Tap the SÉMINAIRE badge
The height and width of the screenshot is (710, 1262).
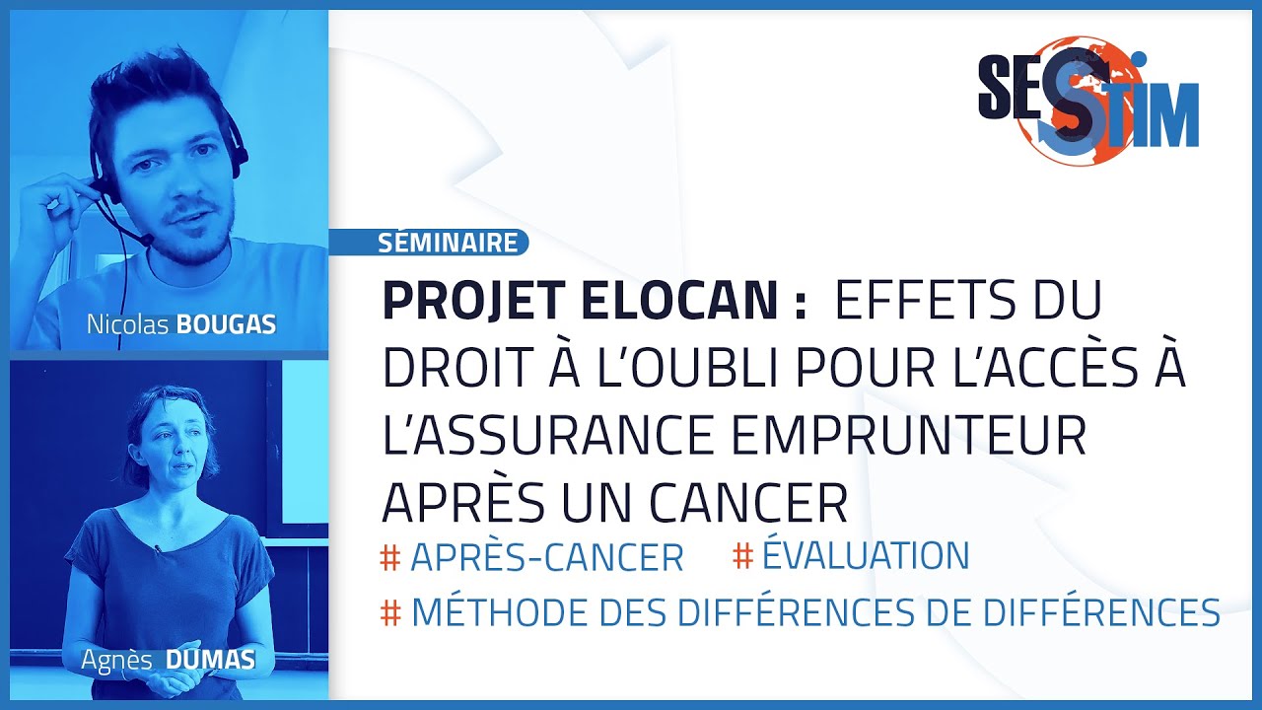[x=448, y=242]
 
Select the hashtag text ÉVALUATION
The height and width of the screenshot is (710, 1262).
[x=866, y=555]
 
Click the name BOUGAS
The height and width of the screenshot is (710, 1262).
[x=226, y=325]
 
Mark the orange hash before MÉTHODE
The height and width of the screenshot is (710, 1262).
[x=390, y=613]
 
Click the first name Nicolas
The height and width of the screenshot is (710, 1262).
[x=128, y=325]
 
